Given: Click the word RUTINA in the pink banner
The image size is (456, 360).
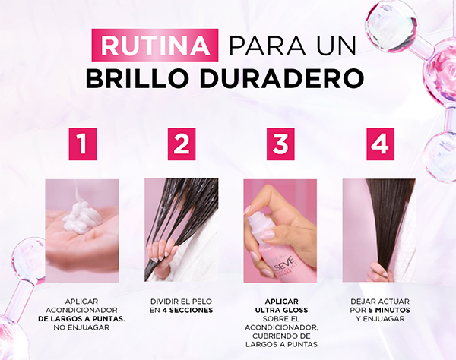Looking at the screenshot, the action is click(155, 46).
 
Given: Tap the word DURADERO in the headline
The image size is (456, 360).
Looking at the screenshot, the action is click(281, 78).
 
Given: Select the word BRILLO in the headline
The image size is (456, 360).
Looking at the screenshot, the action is click(138, 78).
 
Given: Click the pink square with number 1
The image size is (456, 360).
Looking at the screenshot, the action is click(83, 144).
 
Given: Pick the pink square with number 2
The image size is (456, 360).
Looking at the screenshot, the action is click(182, 144).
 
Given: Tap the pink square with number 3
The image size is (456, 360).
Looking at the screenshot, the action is click(280, 144).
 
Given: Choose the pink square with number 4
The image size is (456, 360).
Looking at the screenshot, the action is click(381, 144).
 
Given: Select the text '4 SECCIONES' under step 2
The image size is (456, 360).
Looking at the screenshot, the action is click(188, 311).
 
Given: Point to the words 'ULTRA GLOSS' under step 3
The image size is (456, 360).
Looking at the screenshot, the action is click(281, 311).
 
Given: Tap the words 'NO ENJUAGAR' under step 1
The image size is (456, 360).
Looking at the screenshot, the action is click(81, 327).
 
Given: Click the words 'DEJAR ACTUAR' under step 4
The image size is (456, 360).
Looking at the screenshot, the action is click(380, 302).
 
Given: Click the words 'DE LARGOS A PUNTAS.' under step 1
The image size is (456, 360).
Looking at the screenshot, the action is click(81, 319).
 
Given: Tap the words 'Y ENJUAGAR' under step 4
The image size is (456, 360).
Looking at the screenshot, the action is click(380, 319).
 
